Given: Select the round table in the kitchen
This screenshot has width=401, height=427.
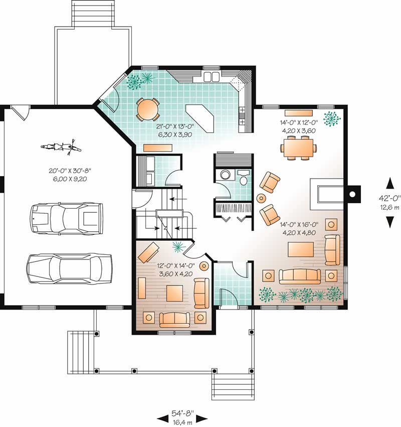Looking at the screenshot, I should [x=148, y=109].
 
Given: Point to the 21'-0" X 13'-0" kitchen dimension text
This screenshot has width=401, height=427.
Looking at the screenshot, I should [x=172, y=131].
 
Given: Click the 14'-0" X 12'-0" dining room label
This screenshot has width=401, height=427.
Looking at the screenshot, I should [x=298, y=125].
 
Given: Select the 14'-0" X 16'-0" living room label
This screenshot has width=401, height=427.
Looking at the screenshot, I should [x=298, y=229].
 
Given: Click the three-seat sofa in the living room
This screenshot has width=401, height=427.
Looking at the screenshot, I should [x=300, y=275].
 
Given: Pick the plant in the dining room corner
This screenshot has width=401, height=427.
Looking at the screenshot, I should [x=331, y=119].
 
